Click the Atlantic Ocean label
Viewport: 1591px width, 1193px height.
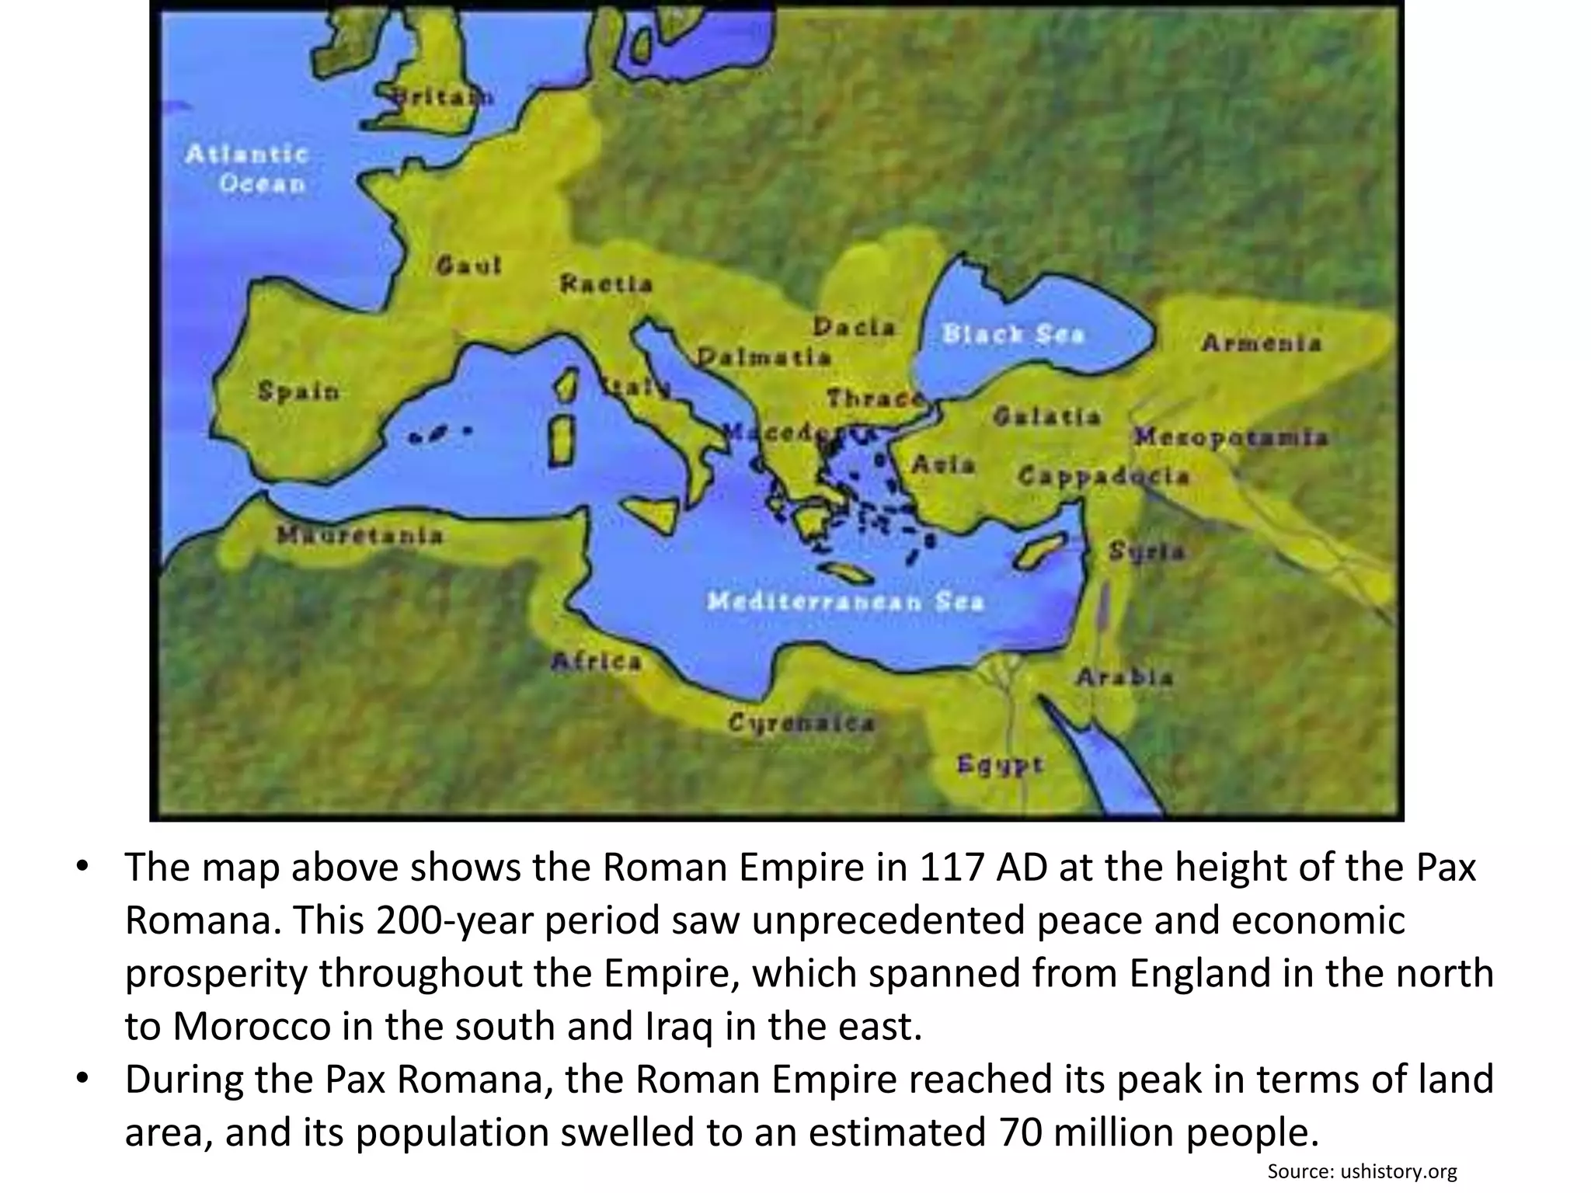(247, 169)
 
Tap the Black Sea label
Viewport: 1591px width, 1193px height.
(1012, 334)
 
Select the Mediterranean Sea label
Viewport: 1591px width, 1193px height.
(845, 601)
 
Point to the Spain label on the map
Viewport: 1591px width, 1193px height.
(299, 391)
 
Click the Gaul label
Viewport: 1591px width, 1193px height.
(469, 266)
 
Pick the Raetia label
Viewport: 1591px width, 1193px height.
(606, 284)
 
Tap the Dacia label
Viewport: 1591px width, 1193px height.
(854, 328)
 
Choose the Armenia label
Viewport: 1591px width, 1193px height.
(1261, 343)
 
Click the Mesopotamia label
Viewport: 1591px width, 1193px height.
(1231, 437)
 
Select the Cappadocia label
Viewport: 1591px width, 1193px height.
(1103, 475)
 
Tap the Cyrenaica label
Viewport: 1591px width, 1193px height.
(801, 723)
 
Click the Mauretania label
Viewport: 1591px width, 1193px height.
(360, 535)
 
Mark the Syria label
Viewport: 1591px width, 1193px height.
(1147, 551)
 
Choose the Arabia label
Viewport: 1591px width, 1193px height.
(1124, 677)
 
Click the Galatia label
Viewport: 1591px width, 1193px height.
(1046, 416)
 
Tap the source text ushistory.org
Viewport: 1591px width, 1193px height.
(1398, 1170)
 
